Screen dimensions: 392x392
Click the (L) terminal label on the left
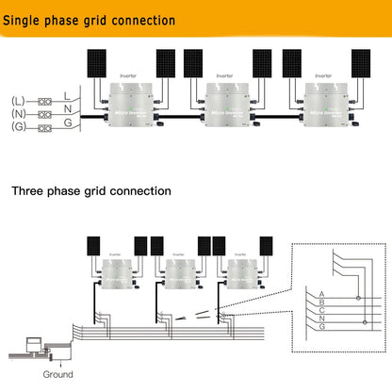pyautogui.click(x=18, y=100)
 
